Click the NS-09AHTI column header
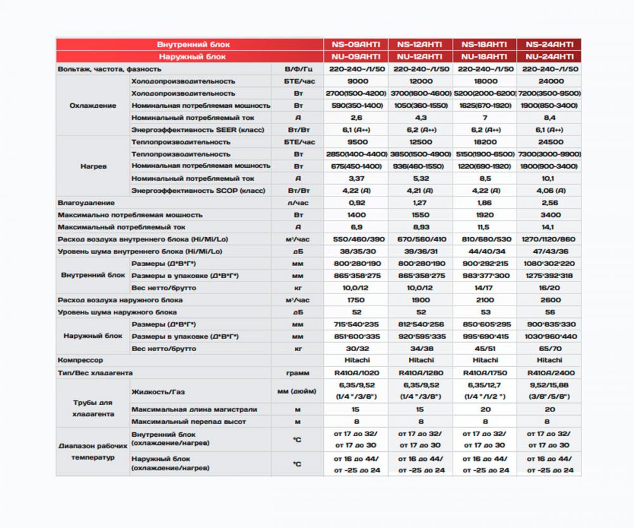point(355,44)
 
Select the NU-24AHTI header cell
point(549,56)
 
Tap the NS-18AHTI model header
point(484,44)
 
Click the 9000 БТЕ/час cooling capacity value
point(355,81)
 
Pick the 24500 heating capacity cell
point(549,142)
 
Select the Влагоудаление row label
point(86,203)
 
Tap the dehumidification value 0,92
point(355,203)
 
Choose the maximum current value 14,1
point(549,227)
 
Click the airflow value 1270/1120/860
point(549,239)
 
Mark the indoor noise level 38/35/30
point(355,251)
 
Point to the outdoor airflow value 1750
point(355,300)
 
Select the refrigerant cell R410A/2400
point(549,373)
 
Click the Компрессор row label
point(81,360)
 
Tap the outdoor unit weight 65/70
point(549,349)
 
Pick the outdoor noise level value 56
point(549,312)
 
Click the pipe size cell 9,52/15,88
point(549,385)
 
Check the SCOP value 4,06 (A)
point(549,191)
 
